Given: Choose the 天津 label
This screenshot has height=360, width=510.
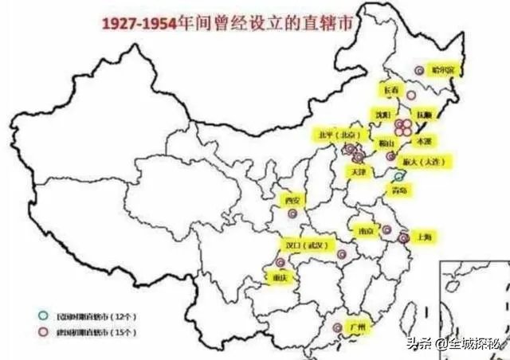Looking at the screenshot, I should click(356, 171).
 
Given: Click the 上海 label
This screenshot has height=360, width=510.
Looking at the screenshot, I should click(423, 237).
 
